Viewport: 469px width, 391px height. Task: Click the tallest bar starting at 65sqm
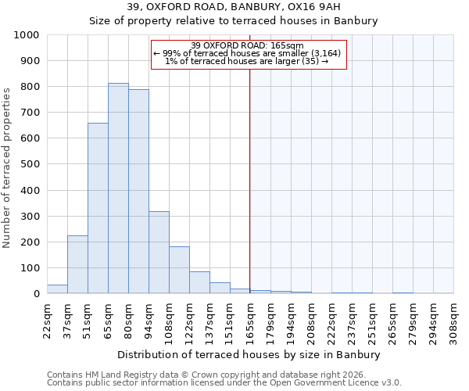[118, 188]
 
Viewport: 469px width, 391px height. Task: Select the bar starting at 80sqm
[138, 192]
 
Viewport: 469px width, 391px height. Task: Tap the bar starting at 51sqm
[98, 208]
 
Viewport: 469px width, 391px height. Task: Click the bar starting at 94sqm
[159, 253]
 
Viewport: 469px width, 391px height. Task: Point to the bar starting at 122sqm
[199, 282]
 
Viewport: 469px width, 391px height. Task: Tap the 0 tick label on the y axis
[37, 294]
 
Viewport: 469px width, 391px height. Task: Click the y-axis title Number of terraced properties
[7, 167]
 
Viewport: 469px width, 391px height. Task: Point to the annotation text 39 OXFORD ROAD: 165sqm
[248, 45]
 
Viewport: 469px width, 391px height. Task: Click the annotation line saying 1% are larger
[248, 61]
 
